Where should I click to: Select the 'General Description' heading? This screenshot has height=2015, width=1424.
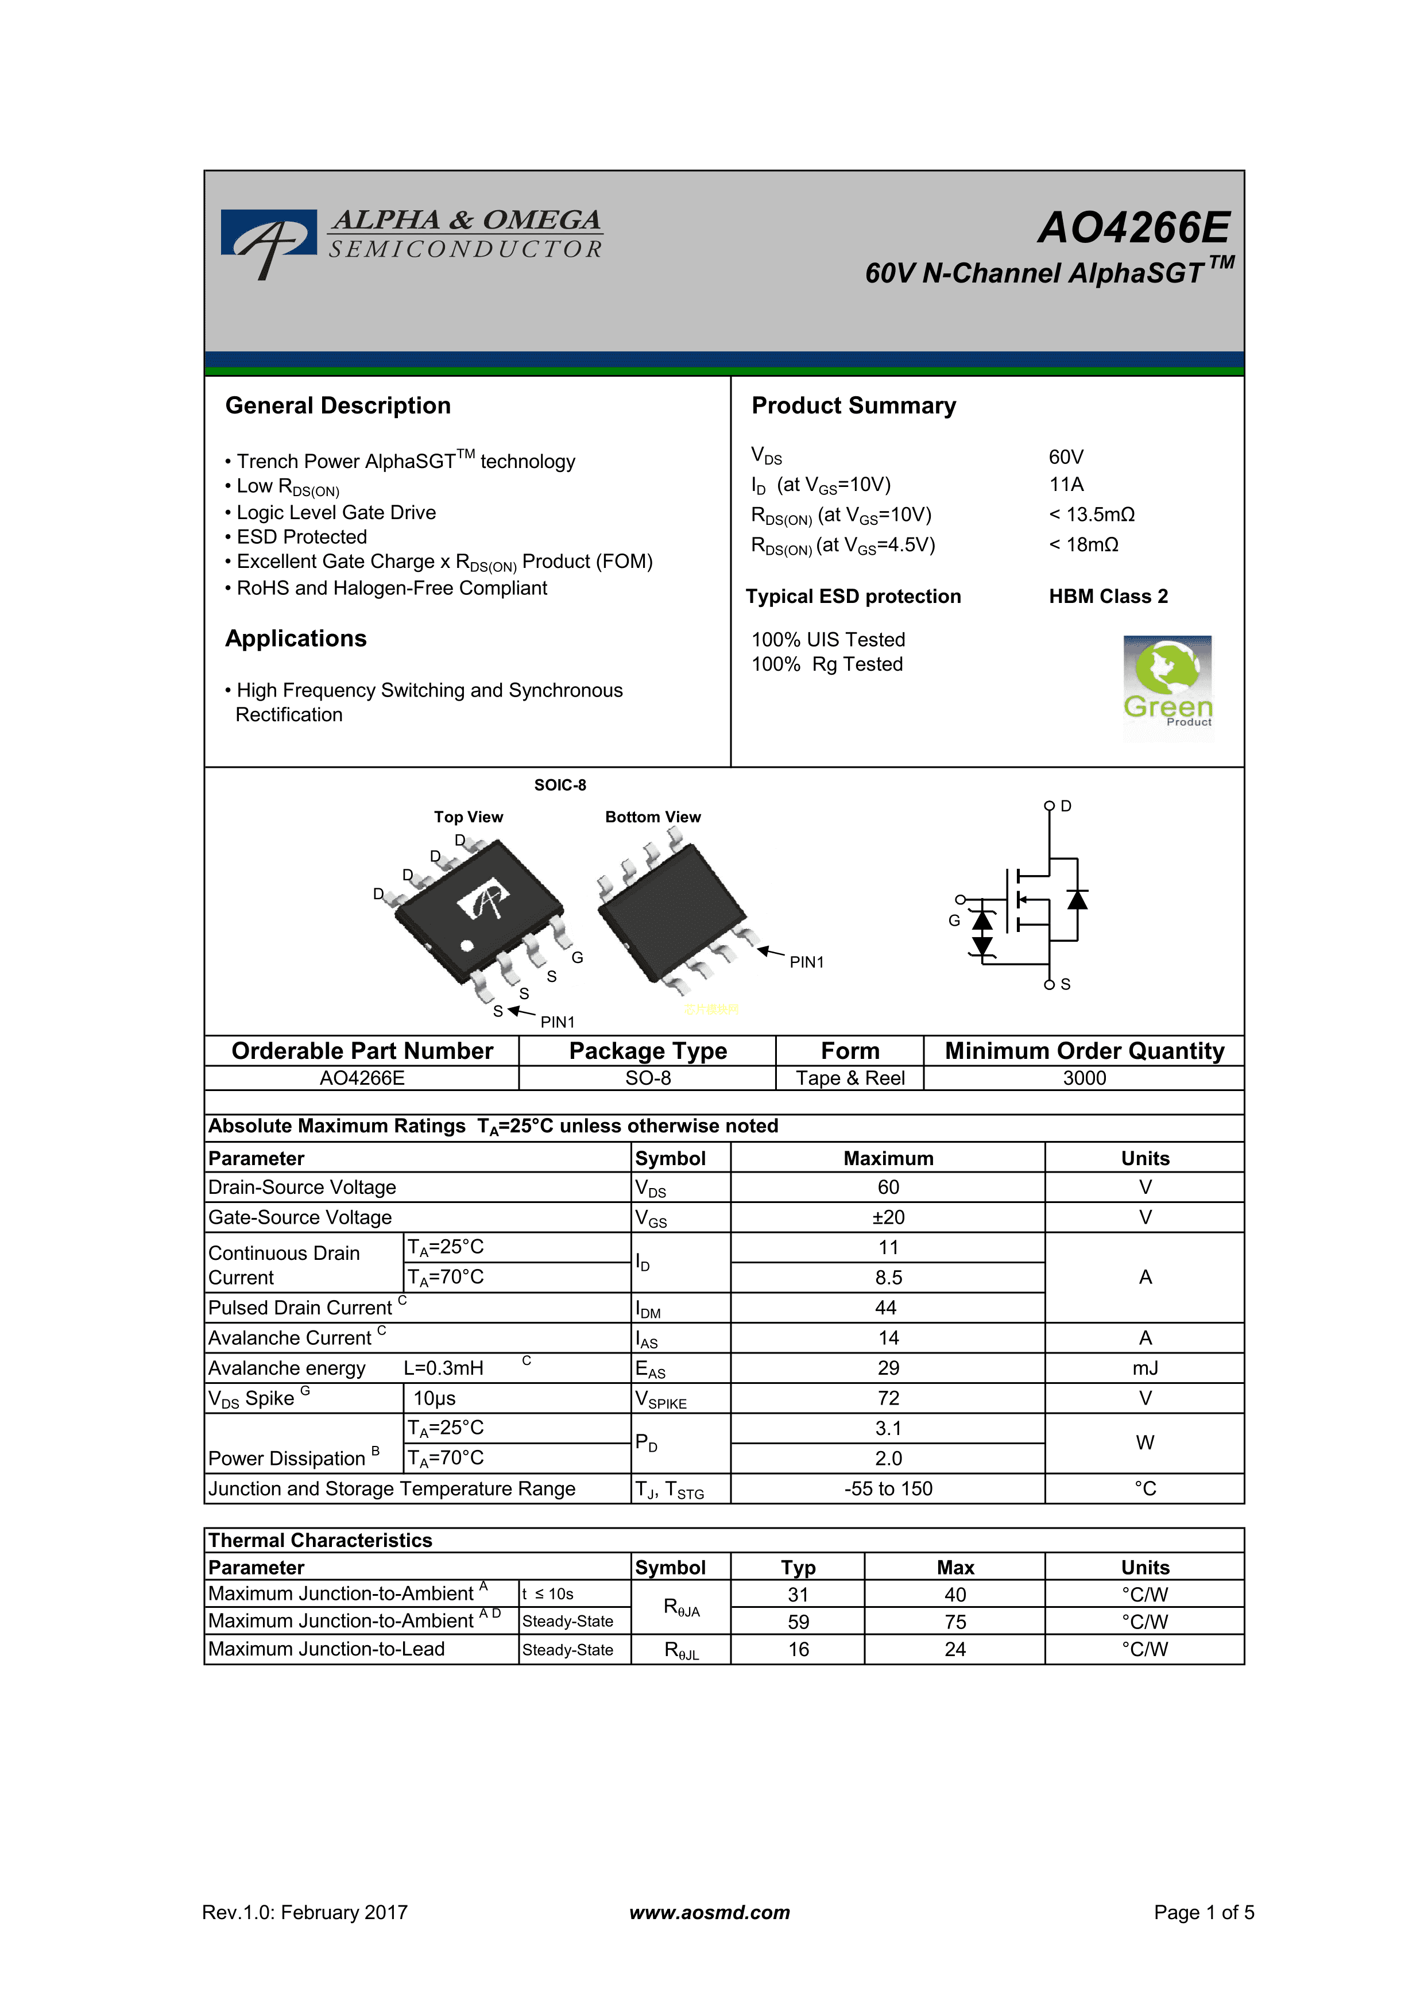point(338,405)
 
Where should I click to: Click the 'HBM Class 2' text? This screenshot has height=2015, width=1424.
point(1108,597)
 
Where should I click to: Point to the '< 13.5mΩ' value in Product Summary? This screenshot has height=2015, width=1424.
point(1092,515)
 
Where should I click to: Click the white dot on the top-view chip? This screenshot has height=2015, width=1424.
point(467,945)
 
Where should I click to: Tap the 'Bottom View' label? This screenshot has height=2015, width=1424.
point(653,817)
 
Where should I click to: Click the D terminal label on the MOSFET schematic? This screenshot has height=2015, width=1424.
point(1066,806)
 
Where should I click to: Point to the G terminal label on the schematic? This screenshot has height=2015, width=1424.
point(954,921)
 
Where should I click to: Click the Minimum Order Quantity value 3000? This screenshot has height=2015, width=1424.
point(1085,1078)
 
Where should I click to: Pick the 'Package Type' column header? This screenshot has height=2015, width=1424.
point(648,1051)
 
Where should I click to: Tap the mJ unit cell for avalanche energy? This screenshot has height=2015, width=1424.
point(1145,1368)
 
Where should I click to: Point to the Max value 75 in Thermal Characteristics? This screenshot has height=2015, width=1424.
point(955,1622)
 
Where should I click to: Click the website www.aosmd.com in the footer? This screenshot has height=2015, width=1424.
point(710,1912)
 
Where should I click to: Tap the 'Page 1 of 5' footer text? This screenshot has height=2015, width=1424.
point(1204,1912)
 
